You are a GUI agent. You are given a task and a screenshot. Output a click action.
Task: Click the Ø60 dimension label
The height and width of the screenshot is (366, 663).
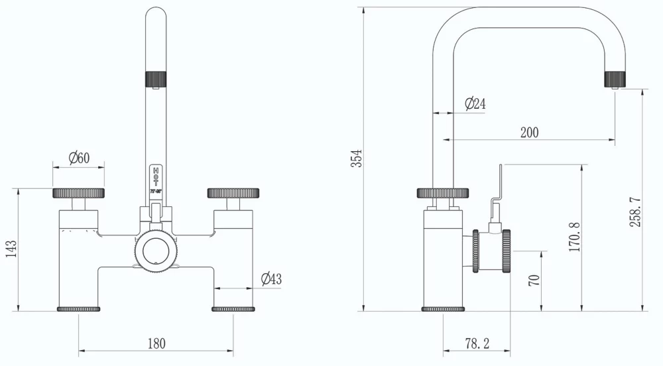pyautogui.click(x=79, y=158)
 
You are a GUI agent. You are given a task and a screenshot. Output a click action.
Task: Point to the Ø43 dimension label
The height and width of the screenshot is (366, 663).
pyautogui.click(x=271, y=279)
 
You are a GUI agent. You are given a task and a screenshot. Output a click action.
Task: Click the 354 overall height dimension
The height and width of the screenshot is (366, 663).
pyautogui.click(x=357, y=159)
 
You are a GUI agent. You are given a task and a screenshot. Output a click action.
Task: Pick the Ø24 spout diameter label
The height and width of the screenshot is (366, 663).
pyautogui.click(x=475, y=104)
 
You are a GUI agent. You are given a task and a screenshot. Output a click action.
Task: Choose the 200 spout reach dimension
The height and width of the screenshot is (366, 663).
pyautogui.click(x=529, y=132)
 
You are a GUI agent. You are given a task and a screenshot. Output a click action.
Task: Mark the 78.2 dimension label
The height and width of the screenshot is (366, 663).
pyautogui.click(x=477, y=343)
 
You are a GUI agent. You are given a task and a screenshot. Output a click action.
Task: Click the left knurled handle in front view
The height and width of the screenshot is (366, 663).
pyautogui.click(x=79, y=193)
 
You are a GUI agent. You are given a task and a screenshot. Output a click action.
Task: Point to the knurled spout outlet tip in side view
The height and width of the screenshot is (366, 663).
pyautogui.click(x=615, y=79)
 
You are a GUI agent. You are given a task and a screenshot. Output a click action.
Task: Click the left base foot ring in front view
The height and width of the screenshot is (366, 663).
pyautogui.click(x=79, y=309)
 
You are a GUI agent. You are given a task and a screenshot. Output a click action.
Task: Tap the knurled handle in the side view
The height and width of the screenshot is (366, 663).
pyautogui.click(x=443, y=193)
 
